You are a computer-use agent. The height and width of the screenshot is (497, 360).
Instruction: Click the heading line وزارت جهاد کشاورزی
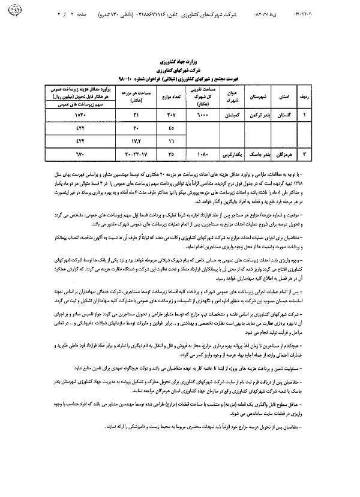coord(179,62)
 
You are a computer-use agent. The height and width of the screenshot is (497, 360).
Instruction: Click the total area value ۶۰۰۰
coord(198,113)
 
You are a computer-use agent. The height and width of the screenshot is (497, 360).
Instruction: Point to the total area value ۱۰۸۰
coord(198,154)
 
